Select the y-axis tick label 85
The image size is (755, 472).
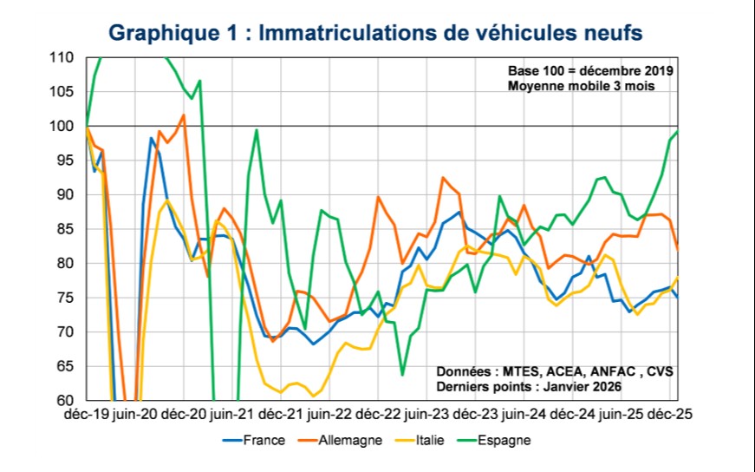64,229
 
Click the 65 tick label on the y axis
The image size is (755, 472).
64,366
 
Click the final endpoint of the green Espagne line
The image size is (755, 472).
677,132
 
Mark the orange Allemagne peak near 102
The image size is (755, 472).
184,115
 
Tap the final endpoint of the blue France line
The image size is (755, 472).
677,297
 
